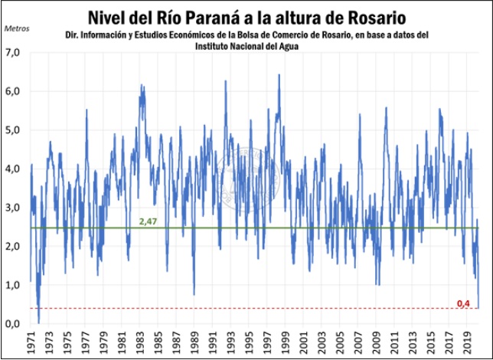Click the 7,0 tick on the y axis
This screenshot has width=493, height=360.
click(13, 52)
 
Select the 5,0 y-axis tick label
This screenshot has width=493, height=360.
click(13, 130)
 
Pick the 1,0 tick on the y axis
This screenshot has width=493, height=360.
click(13, 285)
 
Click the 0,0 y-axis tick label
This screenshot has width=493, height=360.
click(13, 324)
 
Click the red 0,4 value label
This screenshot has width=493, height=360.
click(463, 303)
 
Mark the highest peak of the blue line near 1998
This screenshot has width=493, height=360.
click(279, 75)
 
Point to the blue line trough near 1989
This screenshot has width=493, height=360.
click(194, 294)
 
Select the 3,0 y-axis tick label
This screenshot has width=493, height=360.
click(13, 208)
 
